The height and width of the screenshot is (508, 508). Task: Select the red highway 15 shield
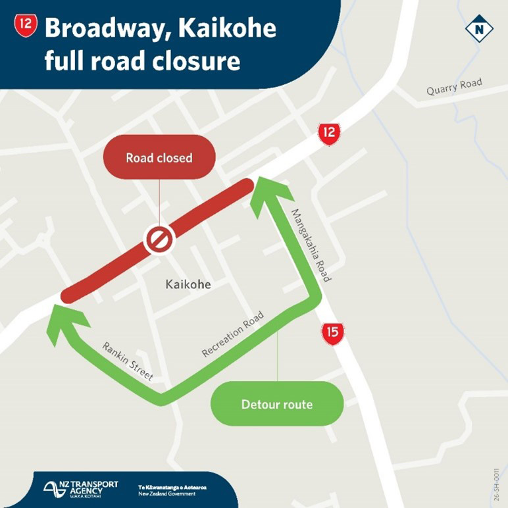[x=333, y=333]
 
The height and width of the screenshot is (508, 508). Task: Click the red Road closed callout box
[x=159, y=158]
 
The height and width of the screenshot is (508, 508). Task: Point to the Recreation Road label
[x=233, y=335]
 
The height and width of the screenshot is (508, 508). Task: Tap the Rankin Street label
[x=128, y=361]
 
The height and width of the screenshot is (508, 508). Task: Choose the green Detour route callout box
[x=277, y=403]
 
